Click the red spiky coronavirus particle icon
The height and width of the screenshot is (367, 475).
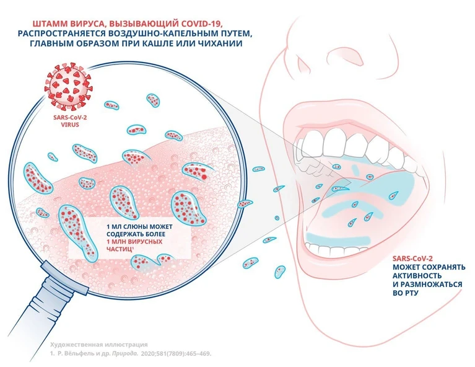coord(68,86)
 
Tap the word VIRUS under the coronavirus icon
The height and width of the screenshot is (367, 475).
coord(70,125)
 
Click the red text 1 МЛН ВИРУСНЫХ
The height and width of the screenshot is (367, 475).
coord(134,242)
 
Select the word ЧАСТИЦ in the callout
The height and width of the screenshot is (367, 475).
coord(119,249)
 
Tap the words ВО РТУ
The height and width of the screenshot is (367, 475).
coord(405,293)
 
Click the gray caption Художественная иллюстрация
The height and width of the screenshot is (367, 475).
coord(99,345)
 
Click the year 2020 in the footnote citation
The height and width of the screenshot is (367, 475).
coord(147,353)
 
